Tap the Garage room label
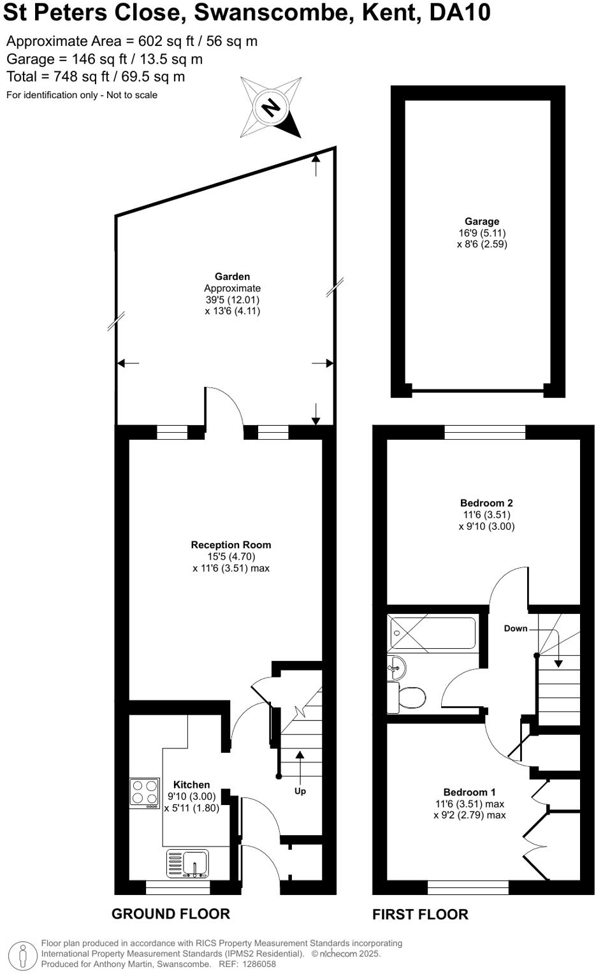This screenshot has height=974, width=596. (x=481, y=222)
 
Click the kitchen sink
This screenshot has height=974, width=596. (x=187, y=864)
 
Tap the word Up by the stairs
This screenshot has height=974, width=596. (x=300, y=791)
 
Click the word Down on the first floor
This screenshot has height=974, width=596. (x=515, y=629)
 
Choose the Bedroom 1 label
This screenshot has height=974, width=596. (x=469, y=792)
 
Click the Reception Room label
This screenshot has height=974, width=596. (x=231, y=545)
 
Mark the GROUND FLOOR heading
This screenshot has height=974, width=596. (x=170, y=914)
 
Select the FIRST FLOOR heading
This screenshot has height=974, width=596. (x=420, y=915)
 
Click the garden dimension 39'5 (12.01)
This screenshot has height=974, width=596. (x=232, y=300)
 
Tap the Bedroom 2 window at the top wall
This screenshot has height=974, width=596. (x=484, y=433)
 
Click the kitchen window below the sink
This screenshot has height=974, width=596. (x=178, y=887)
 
